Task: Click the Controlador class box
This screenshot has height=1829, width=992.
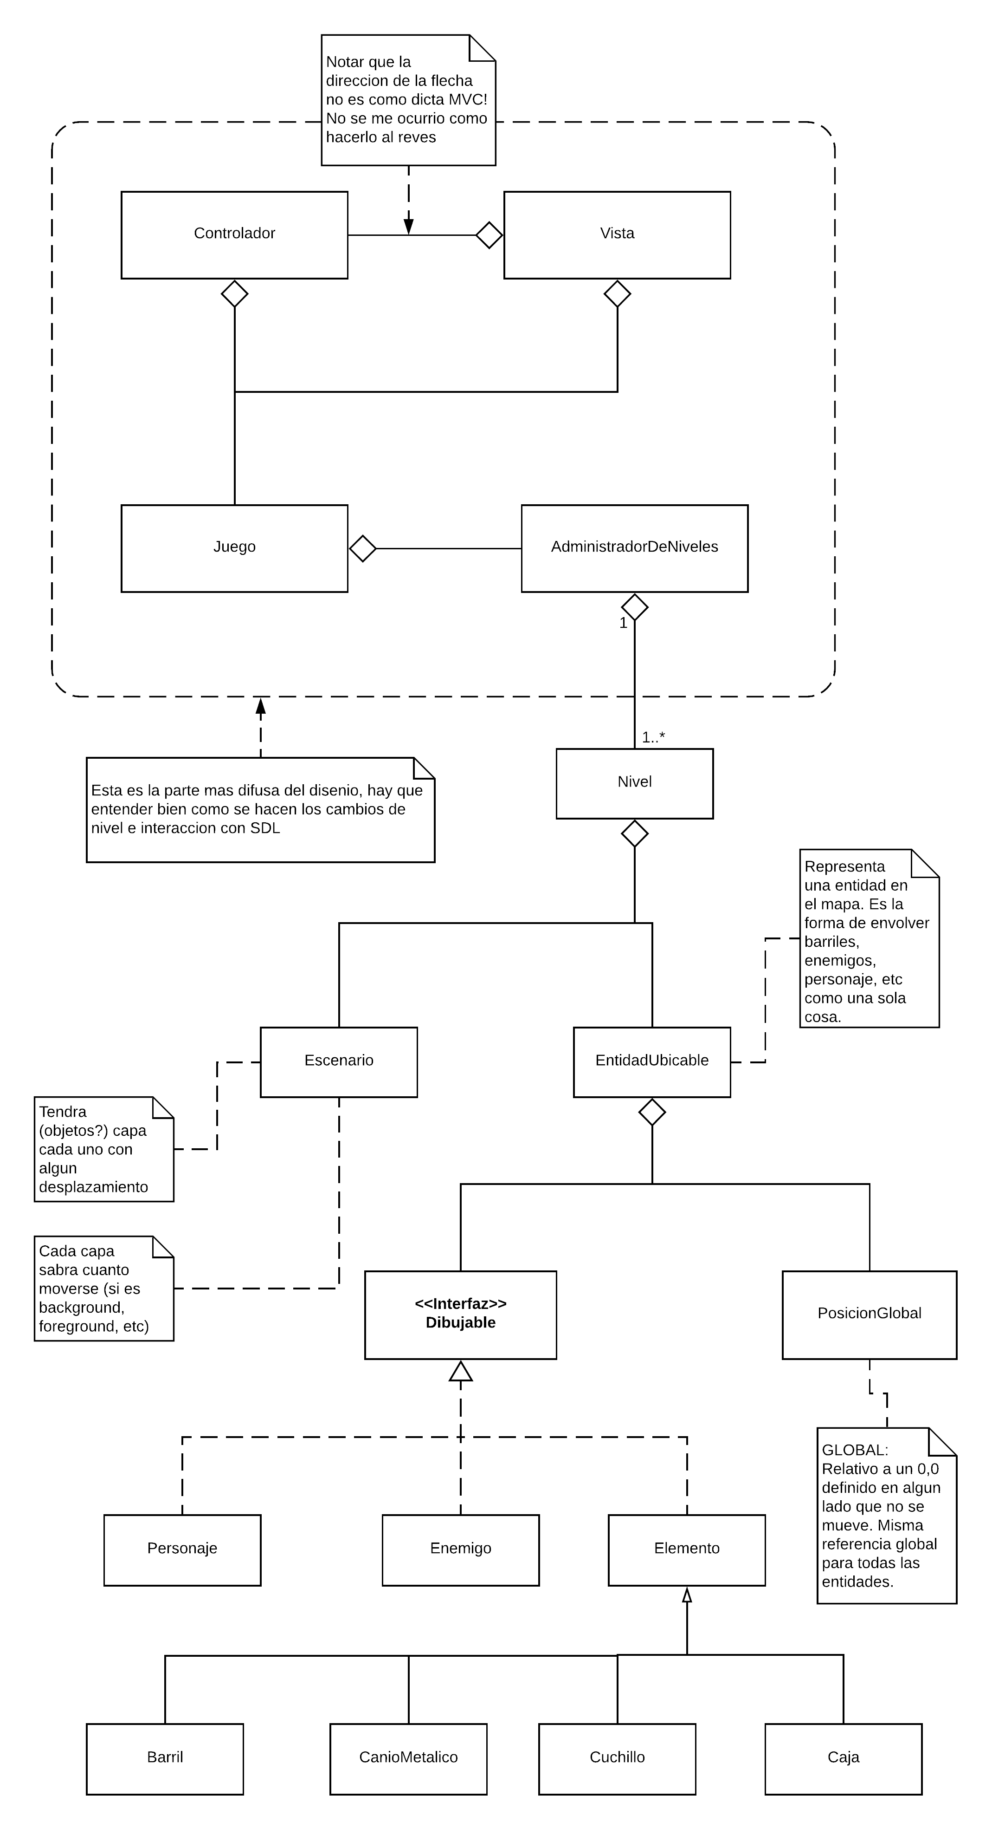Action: tap(234, 234)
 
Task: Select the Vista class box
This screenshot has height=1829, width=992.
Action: tap(617, 234)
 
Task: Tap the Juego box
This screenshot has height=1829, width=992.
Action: tap(234, 547)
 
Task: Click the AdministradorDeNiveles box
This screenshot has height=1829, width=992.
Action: tap(634, 547)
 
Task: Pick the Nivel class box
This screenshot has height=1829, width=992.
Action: tap(634, 783)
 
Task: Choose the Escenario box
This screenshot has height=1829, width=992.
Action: tap(338, 1061)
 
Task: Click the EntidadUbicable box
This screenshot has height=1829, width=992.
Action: tap(651, 1061)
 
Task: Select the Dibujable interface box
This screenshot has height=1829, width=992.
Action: tap(461, 1314)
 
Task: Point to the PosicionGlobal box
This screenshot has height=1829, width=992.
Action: tap(869, 1314)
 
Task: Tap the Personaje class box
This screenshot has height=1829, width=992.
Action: tap(182, 1550)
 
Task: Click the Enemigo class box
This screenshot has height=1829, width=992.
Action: tap(461, 1550)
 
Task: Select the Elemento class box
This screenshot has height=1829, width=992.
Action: tap(686, 1550)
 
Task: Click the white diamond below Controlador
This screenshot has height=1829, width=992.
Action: tap(234, 293)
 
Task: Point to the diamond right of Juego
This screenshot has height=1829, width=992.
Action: tap(362, 547)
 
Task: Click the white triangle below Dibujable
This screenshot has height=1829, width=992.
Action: tap(461, 1371)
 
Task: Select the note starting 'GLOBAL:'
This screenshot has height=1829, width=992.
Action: tap(886, 1515)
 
